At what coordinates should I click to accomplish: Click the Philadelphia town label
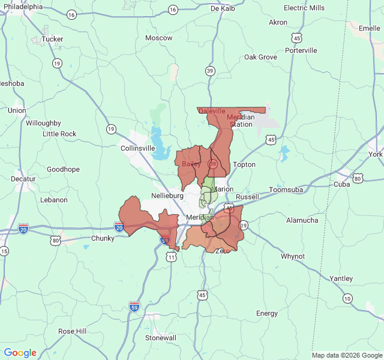pos(22,7)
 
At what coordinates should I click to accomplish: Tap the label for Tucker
pos(53,38)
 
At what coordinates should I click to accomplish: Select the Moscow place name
pos(159,38)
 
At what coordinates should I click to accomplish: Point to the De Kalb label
pos(222,8)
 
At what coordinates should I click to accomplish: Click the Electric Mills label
pos(304,8)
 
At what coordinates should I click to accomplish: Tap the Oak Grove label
pos(260,57)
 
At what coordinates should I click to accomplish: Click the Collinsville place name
pos(138,148)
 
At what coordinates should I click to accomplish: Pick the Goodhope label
pos(63,169)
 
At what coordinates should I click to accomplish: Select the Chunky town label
pos(103,238)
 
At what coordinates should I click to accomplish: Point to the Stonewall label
pos(161,338)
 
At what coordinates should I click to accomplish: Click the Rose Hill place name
pos(73,331)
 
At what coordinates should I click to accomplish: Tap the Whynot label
pos(293,256)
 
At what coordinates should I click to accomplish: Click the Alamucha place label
pos(302,220)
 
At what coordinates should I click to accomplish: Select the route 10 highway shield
pos(347,298)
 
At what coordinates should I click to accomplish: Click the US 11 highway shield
pos(172,257)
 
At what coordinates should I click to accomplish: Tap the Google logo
pos(20,353)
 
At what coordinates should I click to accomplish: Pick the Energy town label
pos(267,313)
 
